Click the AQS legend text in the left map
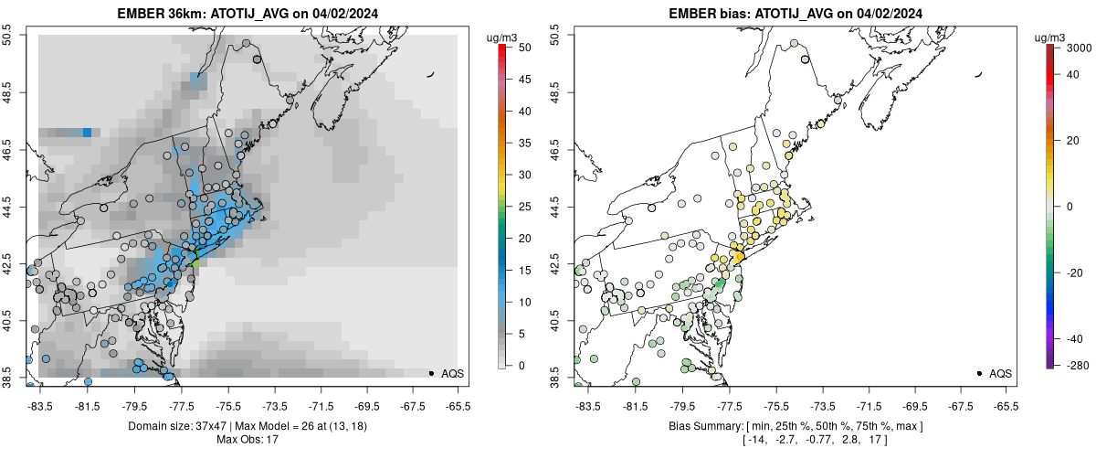pyautogui.click(x=452, y=374)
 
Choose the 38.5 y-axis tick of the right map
pyautogui.click(x=555, y=373)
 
